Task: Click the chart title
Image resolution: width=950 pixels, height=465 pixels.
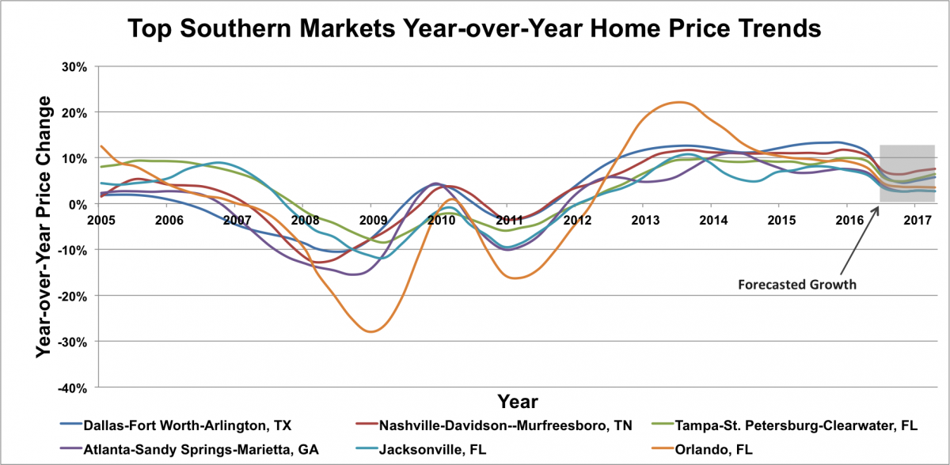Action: [x=475, y=31]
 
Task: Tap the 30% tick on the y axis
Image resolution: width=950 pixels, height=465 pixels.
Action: [x=75, y=66]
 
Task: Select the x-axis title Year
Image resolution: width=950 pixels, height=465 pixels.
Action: [x=518, y=400]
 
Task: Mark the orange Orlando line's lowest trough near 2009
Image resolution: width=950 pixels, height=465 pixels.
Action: [x=370, y=331]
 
